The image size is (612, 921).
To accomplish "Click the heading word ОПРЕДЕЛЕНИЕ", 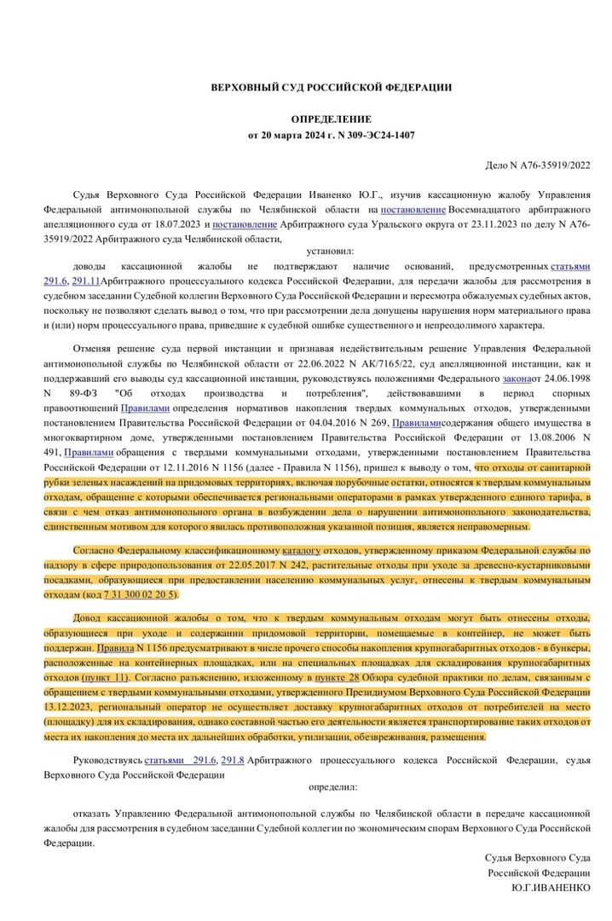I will [332, 119].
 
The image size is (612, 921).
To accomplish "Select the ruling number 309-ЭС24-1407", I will [379, 135].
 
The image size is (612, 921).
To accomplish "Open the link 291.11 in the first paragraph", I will [86, 281].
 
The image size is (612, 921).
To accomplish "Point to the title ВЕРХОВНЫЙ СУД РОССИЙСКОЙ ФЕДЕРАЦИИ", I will [332, 87].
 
